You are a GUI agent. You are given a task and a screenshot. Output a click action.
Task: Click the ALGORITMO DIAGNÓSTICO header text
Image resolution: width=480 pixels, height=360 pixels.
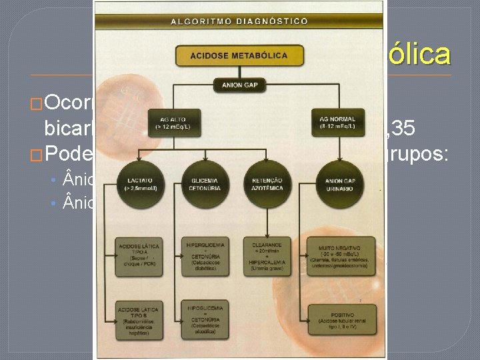pos(239,21)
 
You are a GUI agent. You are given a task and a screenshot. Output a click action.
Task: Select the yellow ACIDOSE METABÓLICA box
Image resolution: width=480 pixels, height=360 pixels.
pos(239,55)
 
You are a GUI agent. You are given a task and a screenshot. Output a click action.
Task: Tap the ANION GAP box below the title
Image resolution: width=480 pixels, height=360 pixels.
pos(239,85)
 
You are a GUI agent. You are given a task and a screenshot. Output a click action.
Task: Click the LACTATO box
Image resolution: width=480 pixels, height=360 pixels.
pos(136,185)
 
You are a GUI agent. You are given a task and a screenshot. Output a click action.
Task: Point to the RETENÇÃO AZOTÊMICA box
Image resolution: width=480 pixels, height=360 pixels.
pos(267,185)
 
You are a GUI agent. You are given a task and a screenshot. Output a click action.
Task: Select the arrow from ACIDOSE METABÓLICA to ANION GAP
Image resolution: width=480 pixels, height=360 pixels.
pos(239,72)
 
